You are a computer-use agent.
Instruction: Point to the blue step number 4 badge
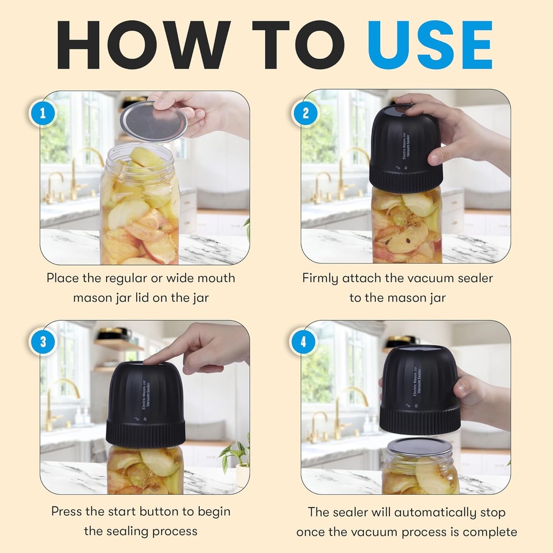tap(305, 342)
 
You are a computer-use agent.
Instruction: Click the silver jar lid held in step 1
tap(153, 121)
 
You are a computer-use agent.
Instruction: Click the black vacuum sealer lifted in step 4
tap(419, 389)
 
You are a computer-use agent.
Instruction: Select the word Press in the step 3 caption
tap(69, 511)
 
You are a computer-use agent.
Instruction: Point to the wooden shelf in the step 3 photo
tap(116, 344)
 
